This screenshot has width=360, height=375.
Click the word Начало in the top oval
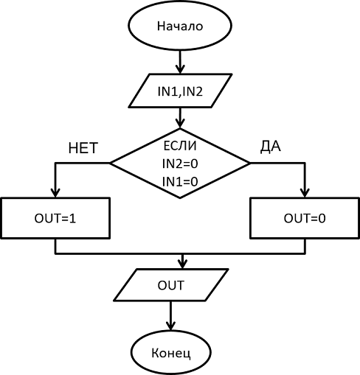click(x=180, y=26)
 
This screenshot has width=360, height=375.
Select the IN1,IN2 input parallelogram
click(x=180, y=91)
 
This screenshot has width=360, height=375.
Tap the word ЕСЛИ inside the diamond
click(x=180, y=146)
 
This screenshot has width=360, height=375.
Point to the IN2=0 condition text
click(x=180, y=164)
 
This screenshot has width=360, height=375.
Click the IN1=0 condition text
click(x=180, y=182)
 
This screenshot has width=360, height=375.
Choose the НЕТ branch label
click(x=83, y=148)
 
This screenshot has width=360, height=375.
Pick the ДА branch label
click(x=271, y=147)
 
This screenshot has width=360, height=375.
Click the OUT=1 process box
click(x=55, y=218)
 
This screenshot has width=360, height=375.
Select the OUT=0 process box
click(x=305, y=218)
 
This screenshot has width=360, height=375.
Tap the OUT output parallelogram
click(x=171, y=285)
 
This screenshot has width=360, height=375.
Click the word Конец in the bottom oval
click(x=171, y=353)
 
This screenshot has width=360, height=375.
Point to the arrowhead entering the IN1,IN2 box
click(x=180, y=69)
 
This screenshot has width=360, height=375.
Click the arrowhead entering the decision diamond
click(x=180, y=124)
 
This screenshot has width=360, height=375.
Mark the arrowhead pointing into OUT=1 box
click(x=55, y=193)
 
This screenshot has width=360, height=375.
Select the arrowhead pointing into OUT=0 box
click(x=305, y=193)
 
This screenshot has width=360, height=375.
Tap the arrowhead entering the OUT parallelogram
click(x=182, y=264)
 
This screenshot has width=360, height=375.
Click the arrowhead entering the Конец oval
click(x=170, y=326)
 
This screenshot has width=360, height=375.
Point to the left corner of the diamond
click(x=110, y=163)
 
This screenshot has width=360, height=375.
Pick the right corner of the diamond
click(x=250, y=163)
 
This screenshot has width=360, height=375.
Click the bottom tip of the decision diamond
click(x=180, y=198)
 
